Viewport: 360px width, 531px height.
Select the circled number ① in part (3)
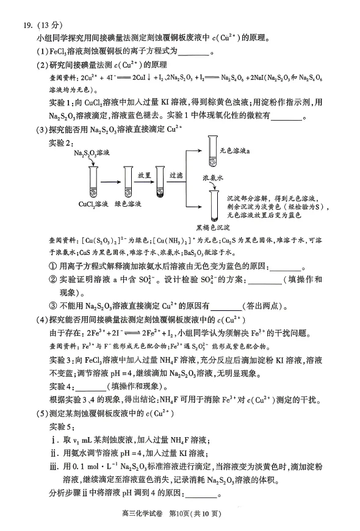coord(52,267)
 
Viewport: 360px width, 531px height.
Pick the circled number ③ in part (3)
coord(52,306)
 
